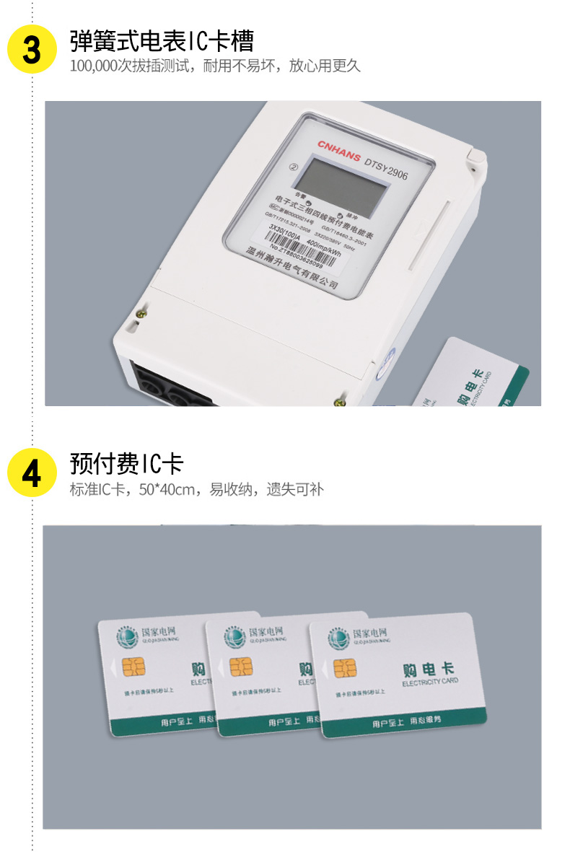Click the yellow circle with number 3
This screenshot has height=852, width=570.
pyautogui.click(x=31, y=49)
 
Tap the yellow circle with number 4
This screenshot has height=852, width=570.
pyautogui.click(x=31, y=473)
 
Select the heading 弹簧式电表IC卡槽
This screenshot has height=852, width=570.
pyautogui.click(x=162, y=40)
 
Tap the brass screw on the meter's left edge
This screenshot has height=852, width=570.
pyautogui.click(x=141, y=313)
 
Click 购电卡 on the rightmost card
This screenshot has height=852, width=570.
pyautogui.click(x=429, y=669)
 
